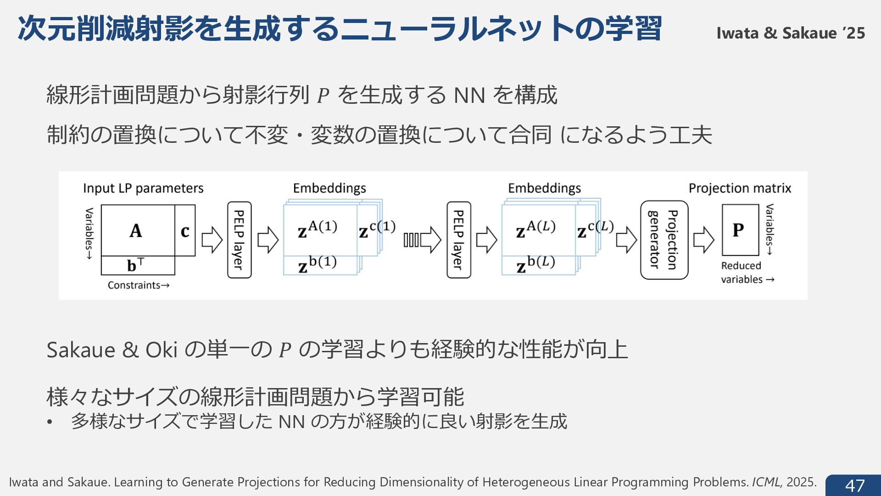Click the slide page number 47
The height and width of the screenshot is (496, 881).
pos(854,485)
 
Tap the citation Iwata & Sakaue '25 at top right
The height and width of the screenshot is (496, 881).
pos(790,33)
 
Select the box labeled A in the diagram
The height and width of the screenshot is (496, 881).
pos(137,231)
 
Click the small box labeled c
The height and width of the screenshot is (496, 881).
pos(185,231)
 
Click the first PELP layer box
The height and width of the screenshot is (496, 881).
pos(239,240)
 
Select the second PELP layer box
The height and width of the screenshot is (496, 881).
pos(458,240)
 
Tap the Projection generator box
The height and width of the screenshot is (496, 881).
pos(664,240)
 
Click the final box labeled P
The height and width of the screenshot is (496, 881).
pos(739,230)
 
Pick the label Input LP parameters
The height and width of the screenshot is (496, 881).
pos(143,188)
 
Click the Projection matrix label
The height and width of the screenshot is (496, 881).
pos(739,188)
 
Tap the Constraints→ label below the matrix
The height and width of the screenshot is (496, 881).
pos(138,285)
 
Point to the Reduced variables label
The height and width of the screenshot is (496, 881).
pos(747,272)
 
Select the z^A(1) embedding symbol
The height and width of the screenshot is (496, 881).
pos(317,229)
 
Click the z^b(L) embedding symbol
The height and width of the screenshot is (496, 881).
pos(535,264)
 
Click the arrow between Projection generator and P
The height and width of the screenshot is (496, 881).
pos(703,240)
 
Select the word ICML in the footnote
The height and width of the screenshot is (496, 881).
pos(766,482)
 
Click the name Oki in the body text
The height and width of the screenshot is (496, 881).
pos(161,350)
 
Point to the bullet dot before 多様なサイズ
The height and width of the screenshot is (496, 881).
pos(50,422)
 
